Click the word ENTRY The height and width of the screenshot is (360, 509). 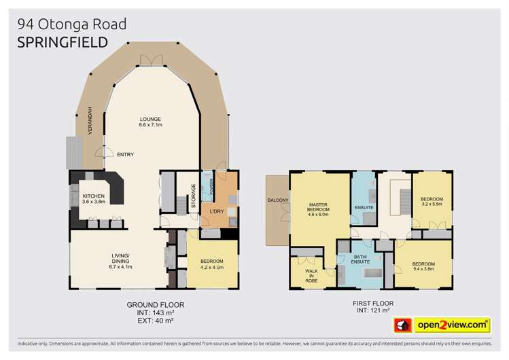(125, 154)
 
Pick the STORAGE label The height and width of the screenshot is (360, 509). (193, 195)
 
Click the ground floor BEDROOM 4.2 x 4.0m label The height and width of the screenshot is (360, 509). (211, 264)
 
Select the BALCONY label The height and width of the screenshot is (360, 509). (278, 200)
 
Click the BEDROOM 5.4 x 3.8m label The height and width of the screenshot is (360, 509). (423, 266)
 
